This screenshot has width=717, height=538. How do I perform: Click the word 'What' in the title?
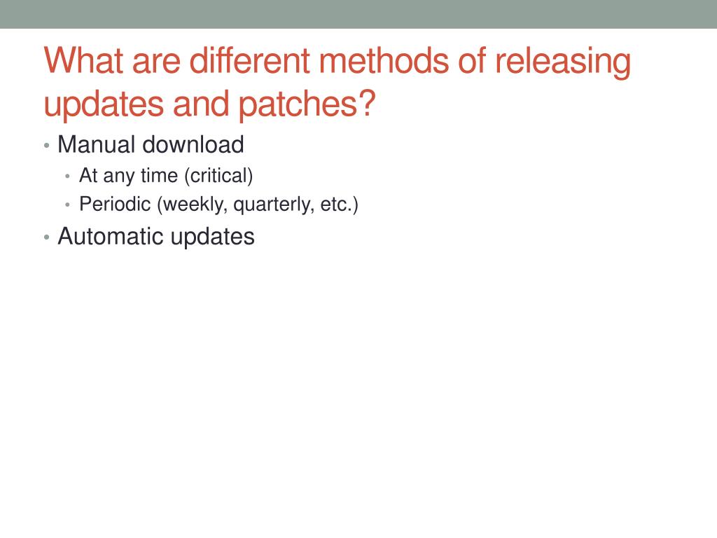pos(84,60)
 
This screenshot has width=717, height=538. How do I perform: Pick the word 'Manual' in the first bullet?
pos(97,144)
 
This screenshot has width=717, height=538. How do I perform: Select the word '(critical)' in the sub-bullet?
pos(218,176)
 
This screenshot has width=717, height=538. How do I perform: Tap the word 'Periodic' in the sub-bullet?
pos(115,204)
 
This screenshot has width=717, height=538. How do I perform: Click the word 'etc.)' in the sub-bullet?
pos(340,205)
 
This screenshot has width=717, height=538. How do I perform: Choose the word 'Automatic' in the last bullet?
pos(111,237)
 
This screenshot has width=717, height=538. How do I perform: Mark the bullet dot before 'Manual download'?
pos(47,146)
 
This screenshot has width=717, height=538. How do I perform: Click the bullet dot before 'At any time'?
pos(68,176)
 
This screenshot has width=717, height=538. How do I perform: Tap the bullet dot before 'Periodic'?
pos(68,205)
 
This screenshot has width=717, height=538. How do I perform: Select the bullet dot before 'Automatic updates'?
pos(47,237)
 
